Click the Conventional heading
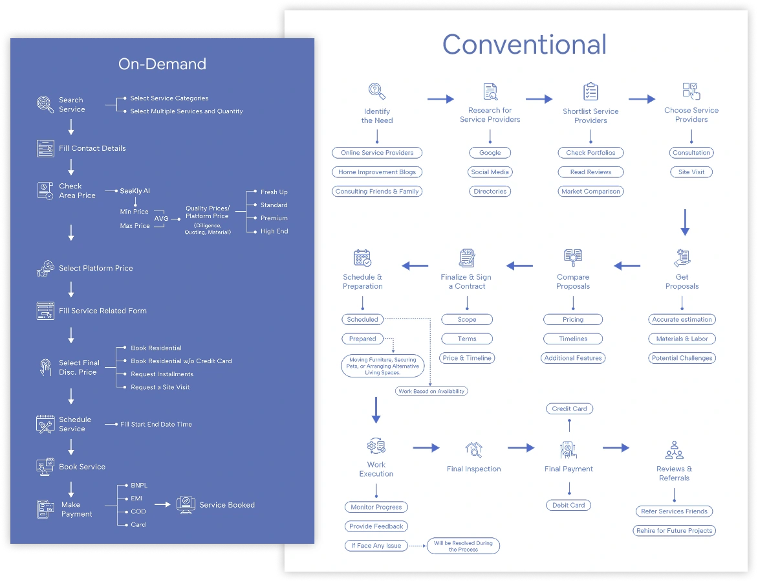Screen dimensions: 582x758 click(x=524, y=45)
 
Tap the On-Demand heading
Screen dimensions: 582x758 click(x=162, y=63)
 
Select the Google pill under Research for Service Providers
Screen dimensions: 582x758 click(x=490, y=153)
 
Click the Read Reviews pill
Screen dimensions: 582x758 click(x=590, y=172)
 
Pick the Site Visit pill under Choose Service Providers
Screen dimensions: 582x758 click(x=691, y=172)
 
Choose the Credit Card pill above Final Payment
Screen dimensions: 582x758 click(x=569, y=409)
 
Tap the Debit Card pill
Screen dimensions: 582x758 click(x=568, y=505)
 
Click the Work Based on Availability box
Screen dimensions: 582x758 click(x=431, y=391)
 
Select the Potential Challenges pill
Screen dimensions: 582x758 click(x=682, y=358)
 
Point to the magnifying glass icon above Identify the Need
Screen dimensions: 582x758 click(x=376, y=91)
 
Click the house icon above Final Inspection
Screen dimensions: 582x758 click(x=473, y=449)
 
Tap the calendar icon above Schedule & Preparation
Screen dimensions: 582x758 click(x=362, y=258)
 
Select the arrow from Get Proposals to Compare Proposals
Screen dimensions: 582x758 click(x=627, y=265)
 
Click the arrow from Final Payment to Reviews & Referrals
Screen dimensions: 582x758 click(x=616, y=447)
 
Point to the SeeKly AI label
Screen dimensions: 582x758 click(x=135, y=191)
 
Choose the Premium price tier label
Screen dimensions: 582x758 click(x=274, y=218)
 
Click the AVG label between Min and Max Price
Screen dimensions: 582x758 click(x=161, y=219)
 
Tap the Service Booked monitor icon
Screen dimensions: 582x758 click(x=186, y=505)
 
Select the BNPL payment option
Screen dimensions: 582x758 click(x=139, y=485)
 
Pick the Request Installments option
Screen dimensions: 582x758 click(x=162, y=374)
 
